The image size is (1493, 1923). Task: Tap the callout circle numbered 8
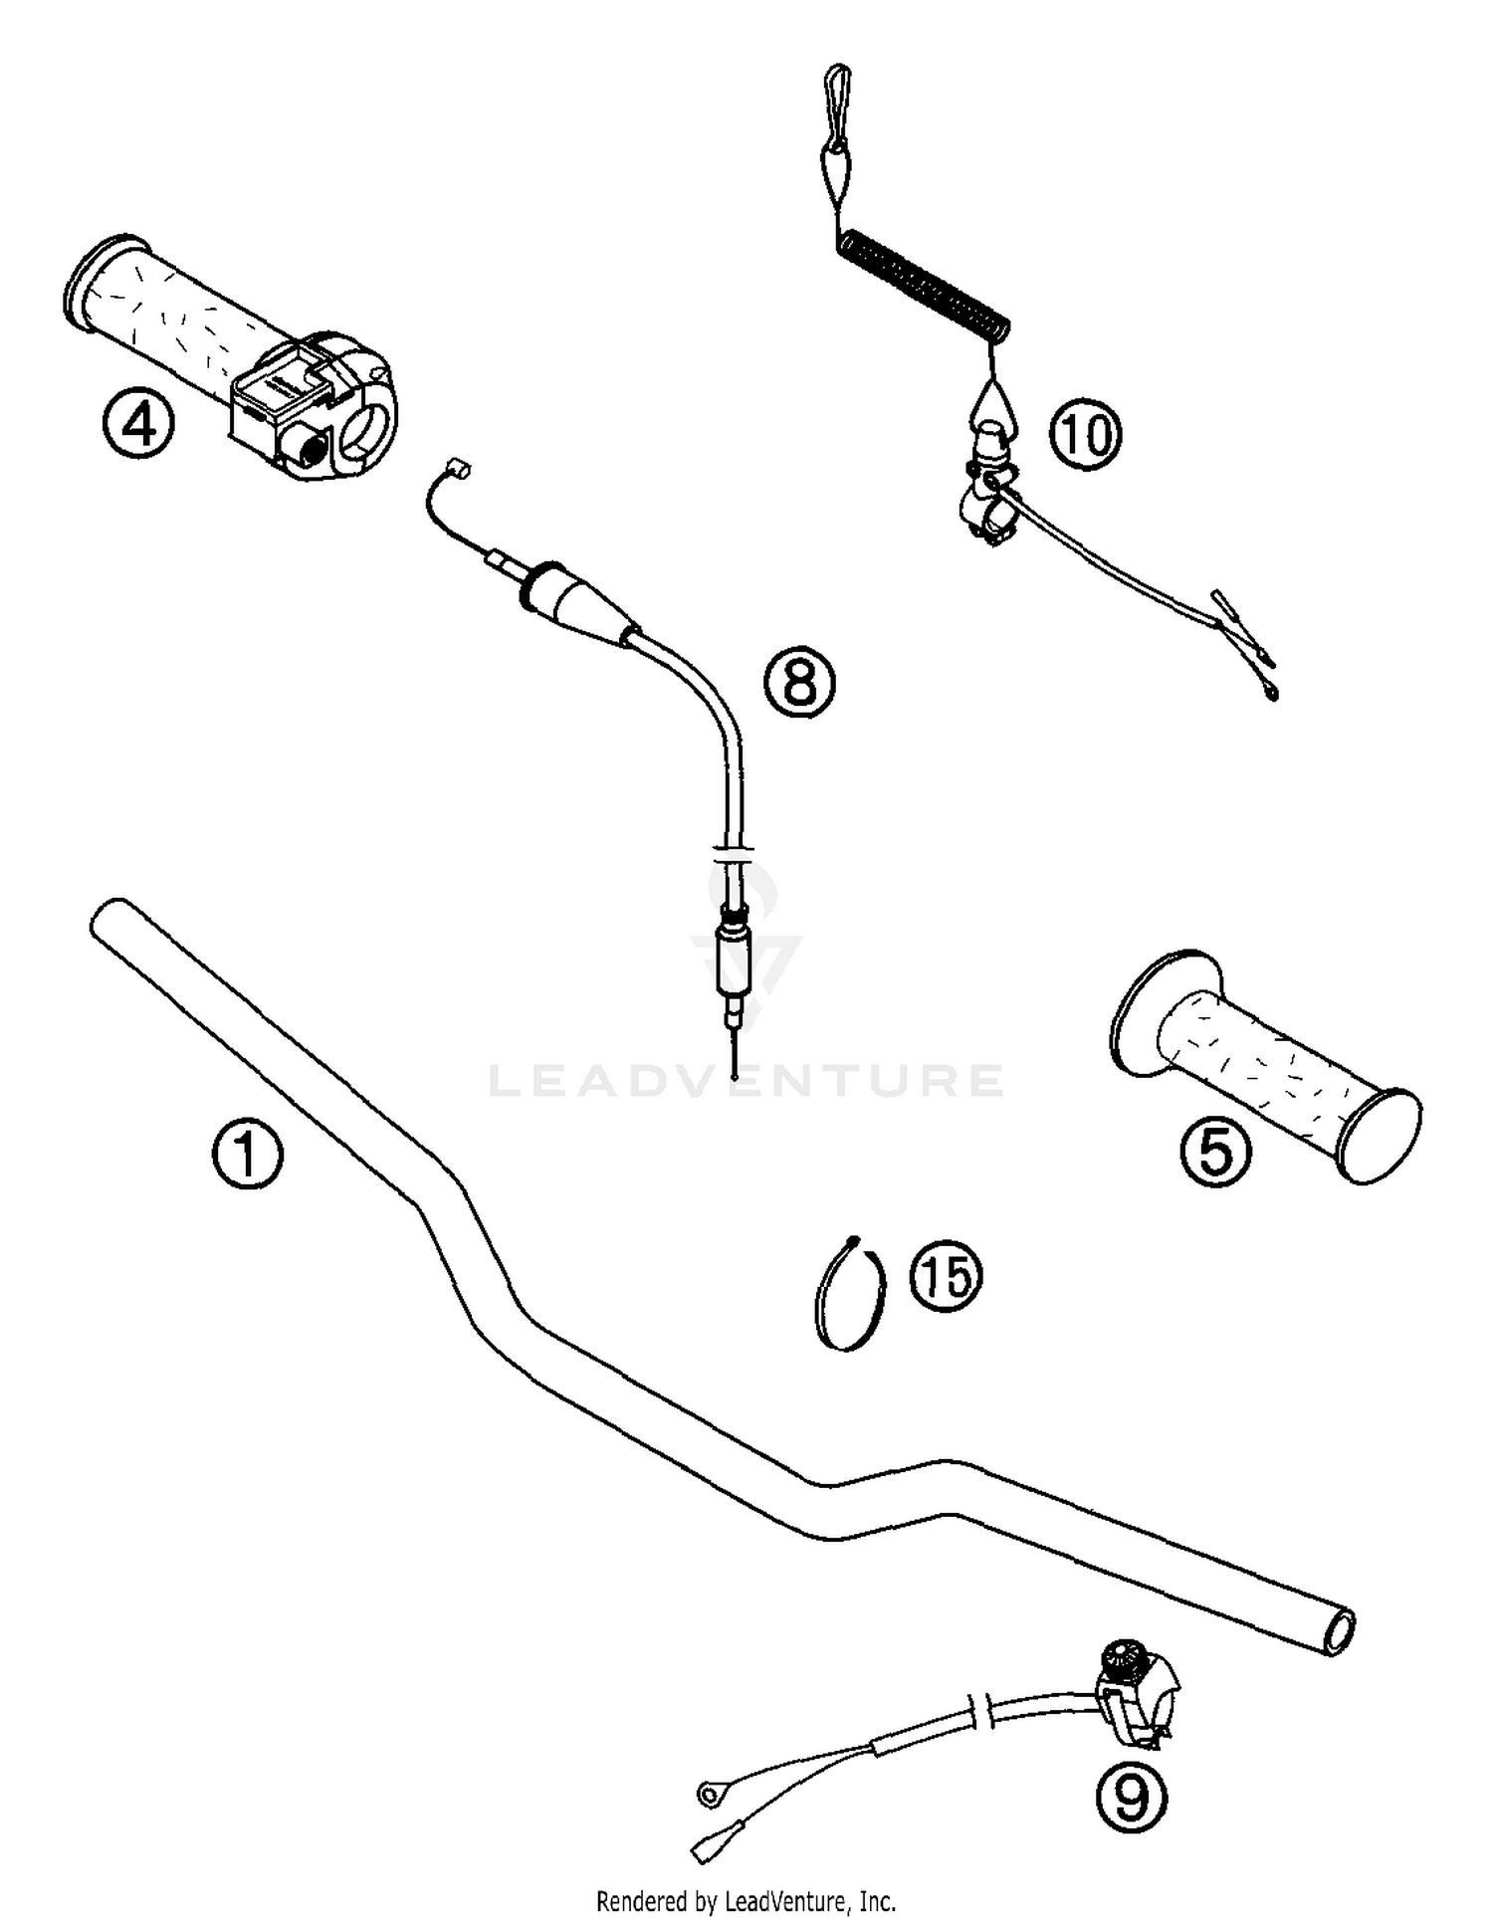(x=799, y=682)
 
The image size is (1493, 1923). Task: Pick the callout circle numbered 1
(x=247, y=1155)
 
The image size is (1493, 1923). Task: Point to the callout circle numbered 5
(x=1215, y=1152)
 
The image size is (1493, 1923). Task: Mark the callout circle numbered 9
(x=1131, y=1796)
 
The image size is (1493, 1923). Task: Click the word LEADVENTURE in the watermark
(x=746, y=1081)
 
